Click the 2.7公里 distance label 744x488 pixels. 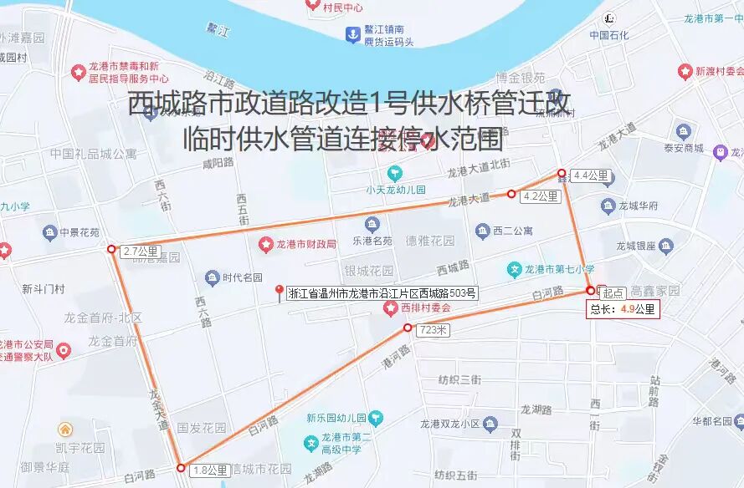(140, 251)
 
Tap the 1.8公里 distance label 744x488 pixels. (209, 470)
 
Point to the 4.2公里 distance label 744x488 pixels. (540, 196)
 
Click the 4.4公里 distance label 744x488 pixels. (590, 175)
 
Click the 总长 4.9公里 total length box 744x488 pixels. (623, 309)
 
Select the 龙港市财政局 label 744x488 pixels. (306, 244)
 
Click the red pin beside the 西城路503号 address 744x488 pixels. (280, 291)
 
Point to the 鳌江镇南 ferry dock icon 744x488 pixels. (352, 34)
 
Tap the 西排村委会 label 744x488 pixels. (425, 308)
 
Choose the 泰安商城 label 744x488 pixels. (683, 148)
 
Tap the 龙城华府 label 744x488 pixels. (638, 206)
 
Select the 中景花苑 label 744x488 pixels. (79, 232)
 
